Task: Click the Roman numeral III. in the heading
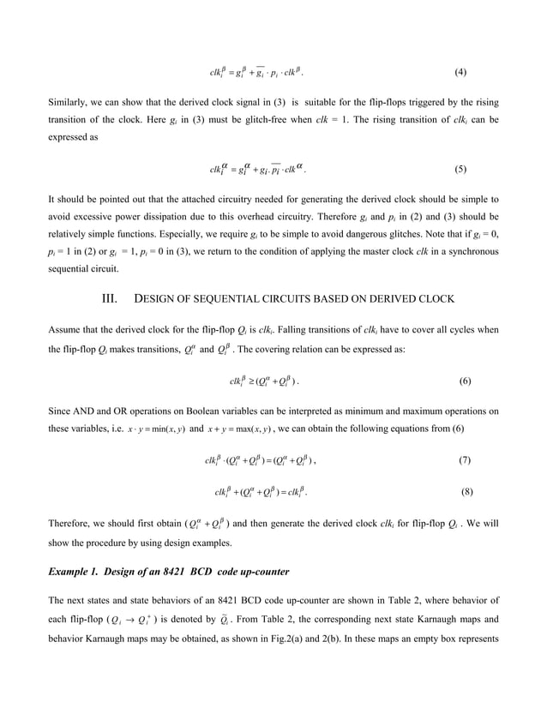click(x=109, y=299)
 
